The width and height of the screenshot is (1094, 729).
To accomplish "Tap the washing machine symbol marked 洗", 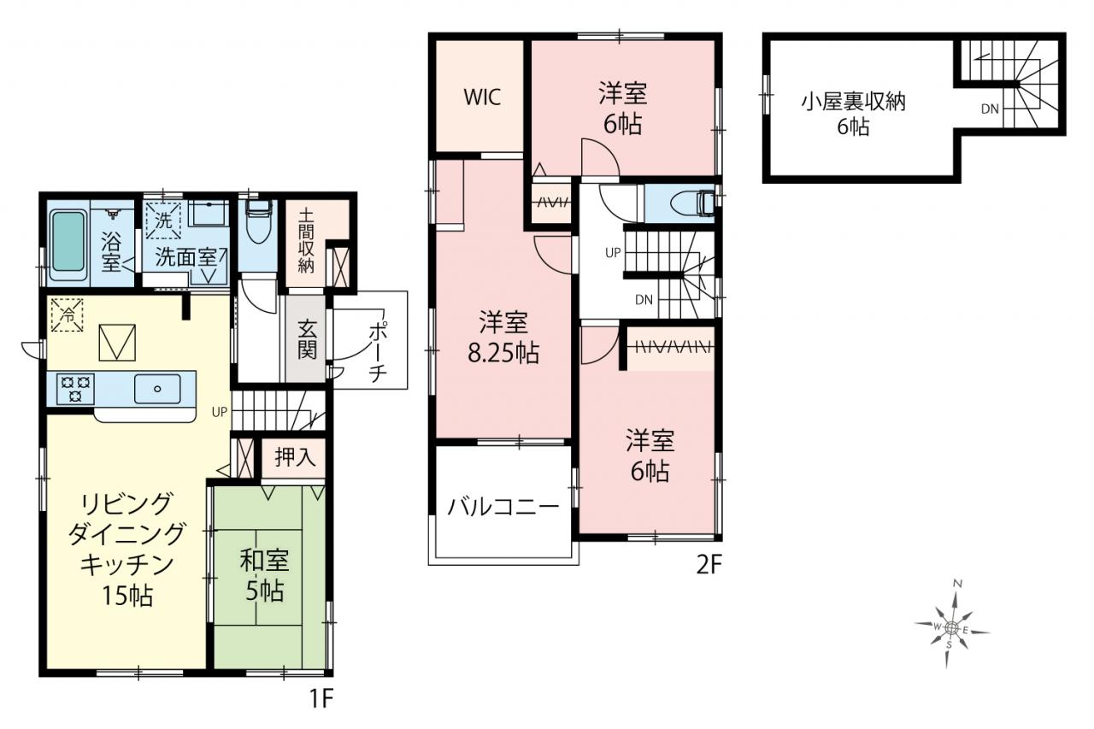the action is click(163, 220).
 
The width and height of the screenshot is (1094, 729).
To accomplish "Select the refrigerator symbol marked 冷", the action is click(67, 315).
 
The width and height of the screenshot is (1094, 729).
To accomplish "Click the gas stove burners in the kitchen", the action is click(75, 388).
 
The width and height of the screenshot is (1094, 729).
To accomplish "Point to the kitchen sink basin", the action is click(157, 389).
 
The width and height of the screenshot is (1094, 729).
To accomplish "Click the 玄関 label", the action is click(307, 339).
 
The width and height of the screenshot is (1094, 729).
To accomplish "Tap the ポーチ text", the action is click(377, 351).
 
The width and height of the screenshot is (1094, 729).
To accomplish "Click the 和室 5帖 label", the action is click(264, 576).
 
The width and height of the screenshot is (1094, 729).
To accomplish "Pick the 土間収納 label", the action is click(306, 241).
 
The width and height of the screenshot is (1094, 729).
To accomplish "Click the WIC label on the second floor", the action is click(482, 97).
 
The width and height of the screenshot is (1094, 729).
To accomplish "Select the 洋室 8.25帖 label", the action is click(503, 338).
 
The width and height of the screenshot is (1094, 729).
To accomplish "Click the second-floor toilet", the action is click(693, 203).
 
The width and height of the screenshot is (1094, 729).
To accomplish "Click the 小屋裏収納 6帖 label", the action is click(853, 115).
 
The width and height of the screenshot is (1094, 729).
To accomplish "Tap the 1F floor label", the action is click(321, 700).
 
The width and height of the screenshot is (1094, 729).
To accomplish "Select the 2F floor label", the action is click(709, 566).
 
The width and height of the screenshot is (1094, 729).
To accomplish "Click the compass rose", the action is click(951, 627).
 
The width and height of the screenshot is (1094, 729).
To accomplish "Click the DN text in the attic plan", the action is click(990, 109).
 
